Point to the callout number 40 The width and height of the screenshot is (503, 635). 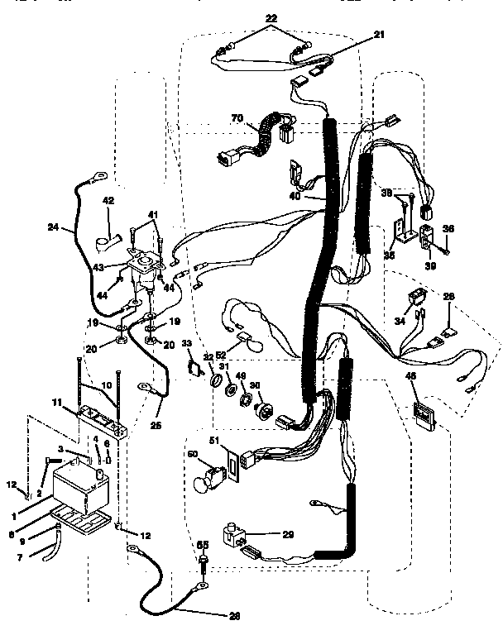(x=295, y=197)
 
